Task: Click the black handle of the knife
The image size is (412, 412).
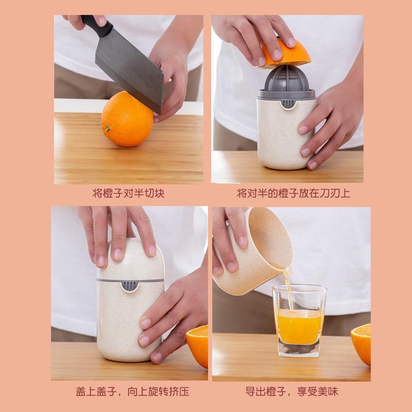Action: [97, 25]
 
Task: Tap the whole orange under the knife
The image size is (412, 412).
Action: [127, 119]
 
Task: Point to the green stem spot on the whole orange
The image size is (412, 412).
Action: [107, 129]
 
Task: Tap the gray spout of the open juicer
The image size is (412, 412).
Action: [288, 104]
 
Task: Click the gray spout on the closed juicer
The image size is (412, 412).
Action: [129, 286]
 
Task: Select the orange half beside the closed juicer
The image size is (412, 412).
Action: [197, 346]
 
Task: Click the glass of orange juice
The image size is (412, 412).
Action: [300, 321]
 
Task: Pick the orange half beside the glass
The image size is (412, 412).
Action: [362, 344]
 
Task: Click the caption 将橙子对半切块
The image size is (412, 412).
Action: [128, 193]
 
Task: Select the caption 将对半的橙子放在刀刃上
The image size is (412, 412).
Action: [294, 193]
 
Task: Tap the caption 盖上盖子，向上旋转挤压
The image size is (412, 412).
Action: [132, 391]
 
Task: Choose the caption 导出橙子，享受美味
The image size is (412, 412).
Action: [291, 391]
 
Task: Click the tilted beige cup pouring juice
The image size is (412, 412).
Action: [253, 252]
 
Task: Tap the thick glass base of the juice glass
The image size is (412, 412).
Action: [299, 350]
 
